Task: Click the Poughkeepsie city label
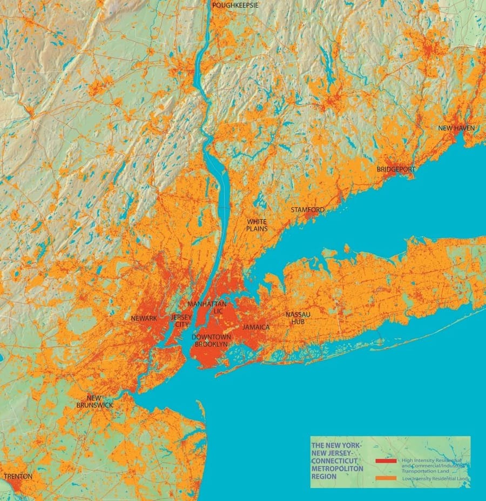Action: click(235, 5)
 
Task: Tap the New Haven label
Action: click(456, 128)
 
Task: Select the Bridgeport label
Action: click(396, 169)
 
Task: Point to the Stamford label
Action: click(308, 210)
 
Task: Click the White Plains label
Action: click(257, 225)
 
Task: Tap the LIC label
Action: click(219, 311)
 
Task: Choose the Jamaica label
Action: click(256, 327)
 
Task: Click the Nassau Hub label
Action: click(295, 318)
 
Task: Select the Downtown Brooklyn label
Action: click(212, 340)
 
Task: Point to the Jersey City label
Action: click(181, 320)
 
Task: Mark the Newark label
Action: click(144, 318)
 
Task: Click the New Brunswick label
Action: click(94, 401)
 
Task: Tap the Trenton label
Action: click(18, 477)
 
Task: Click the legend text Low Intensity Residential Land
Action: click(435, 479)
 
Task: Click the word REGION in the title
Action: click(323, 477)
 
